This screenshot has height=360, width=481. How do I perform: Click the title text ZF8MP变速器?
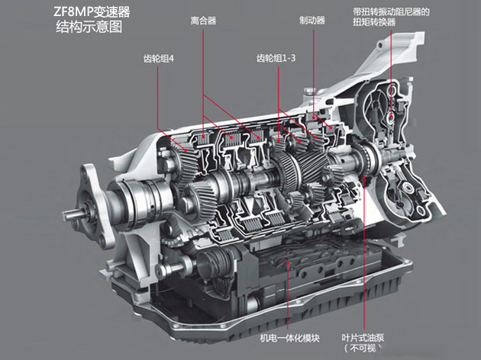click(92, 11)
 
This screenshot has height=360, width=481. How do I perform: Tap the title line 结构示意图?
click(89, 27)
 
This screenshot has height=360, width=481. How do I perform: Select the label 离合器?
click(203, 21)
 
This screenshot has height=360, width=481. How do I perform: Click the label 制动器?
click(312, 21)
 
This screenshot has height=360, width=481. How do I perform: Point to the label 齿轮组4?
click(158, 58)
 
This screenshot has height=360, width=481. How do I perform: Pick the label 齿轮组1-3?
click(276, 58)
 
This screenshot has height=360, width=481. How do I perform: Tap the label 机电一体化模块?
click(289, 338)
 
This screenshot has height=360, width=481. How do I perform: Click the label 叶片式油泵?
click(363, 338)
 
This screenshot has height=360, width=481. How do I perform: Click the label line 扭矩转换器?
click(374, 22)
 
